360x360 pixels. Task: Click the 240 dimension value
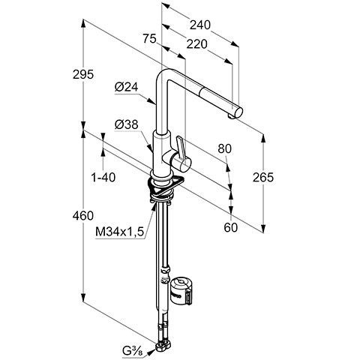pyautogui.click(x=200, y=25)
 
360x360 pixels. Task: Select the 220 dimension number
pyautogui.click(x=196, y=44)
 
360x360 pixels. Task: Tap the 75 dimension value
pyautogui.click(x=149, y=39)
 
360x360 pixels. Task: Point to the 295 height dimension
pyautogui.click(x=83, y=74)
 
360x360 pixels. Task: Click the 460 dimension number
pyautogui.click(x=83, y=215)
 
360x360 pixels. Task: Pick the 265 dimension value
pyautogui.click(x=263, y=177)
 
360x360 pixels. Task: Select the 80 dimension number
pyautogui.click(x=225, y=148)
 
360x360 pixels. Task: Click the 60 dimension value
pyautogui.click(x=230, y=227)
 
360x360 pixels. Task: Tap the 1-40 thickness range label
pyautogui.click(x=103, y=178)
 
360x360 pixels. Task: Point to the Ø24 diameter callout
pyautogui.click(x=126, y=87)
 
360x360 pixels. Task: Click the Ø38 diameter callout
pyautogui.click(x=126, y=124)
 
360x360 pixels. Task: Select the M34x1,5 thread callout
pyautogui.click(x=120, y=232)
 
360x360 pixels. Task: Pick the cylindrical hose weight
pyautogui.click(x=181, y=291)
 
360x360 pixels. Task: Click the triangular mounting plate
pyautogui.click(x=166, y=186)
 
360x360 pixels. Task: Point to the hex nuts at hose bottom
pyautogui.click(x=163, y=346)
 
